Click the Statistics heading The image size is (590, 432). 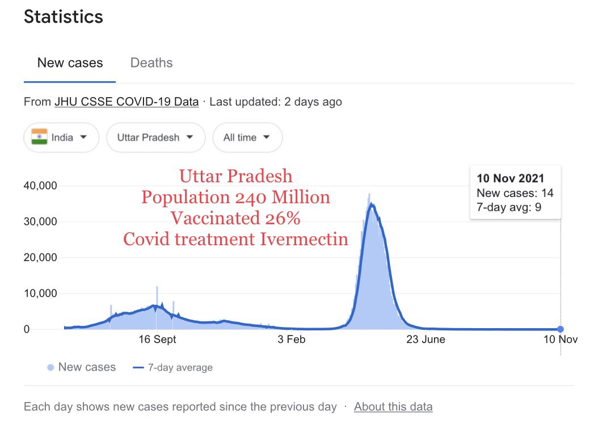(x=64, y=16)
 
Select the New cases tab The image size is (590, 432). (x=70, y=63)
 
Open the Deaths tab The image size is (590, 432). (x=151, y=63)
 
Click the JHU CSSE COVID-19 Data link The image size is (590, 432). (x=127, y=102)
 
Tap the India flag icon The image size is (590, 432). (x=39, y=137)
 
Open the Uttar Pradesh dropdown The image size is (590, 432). (x=155, y=137)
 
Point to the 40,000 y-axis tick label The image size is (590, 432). (x=41, y=186)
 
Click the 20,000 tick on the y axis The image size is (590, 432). (x=41, y=258)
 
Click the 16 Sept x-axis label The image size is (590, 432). (x=157, y=339)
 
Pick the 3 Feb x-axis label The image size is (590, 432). (x=290, y=339)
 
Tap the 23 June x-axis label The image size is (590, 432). (x=425, y=339)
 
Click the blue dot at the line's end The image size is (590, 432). (x=560, y=329)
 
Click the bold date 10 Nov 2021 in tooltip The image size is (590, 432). (x=511, y=179)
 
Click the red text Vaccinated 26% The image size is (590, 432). (x=235, y=219)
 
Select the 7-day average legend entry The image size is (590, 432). (x=173, y=368)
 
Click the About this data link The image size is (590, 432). (x=393, y=407)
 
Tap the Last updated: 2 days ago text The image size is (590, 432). (x=276, y=102)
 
